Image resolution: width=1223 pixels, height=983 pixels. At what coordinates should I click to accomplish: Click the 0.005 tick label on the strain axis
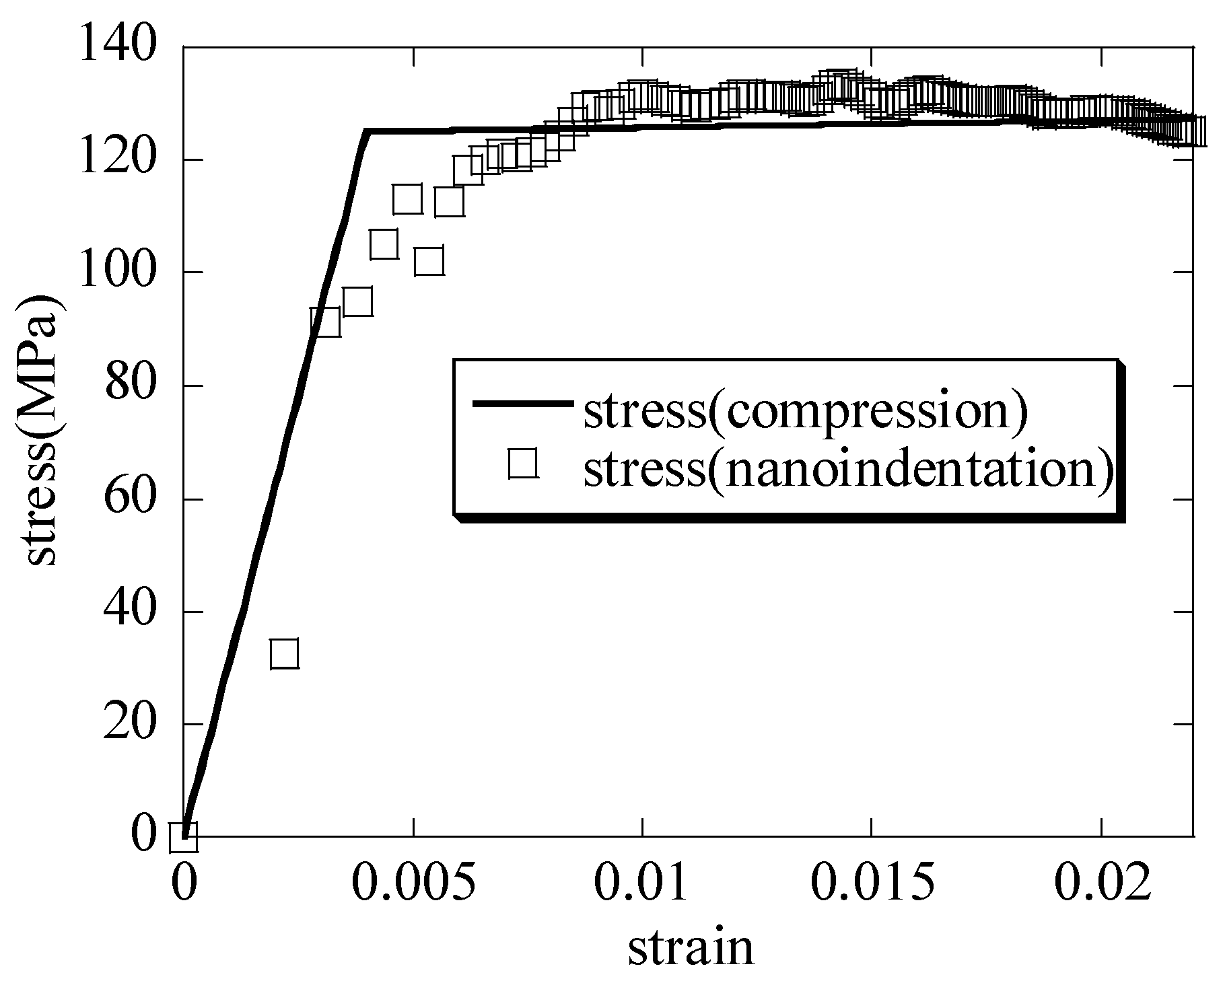pyautogui.click(x=414, y=886)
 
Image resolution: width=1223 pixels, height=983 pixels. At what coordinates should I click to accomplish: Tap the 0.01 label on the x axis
pyautogui.click(x=643, y=886)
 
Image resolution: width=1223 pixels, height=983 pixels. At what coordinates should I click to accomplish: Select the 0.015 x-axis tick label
pyautogui.click(x=872, y=886)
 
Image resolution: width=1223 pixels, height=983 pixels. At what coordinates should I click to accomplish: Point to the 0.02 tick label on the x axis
pyautogui.click(x=1101, y=886)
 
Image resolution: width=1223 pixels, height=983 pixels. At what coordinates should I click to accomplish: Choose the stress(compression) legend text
pyautogui.click(x=805, y=412)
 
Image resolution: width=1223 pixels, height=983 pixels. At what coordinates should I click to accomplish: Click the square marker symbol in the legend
pyautogui.click(x=522, y=464)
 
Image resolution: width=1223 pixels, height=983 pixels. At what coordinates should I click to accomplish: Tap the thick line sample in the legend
pyautogui.click(x=522, y=404)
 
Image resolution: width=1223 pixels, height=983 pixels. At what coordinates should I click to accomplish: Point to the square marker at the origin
pyautogui.click(x=183, y=838)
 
